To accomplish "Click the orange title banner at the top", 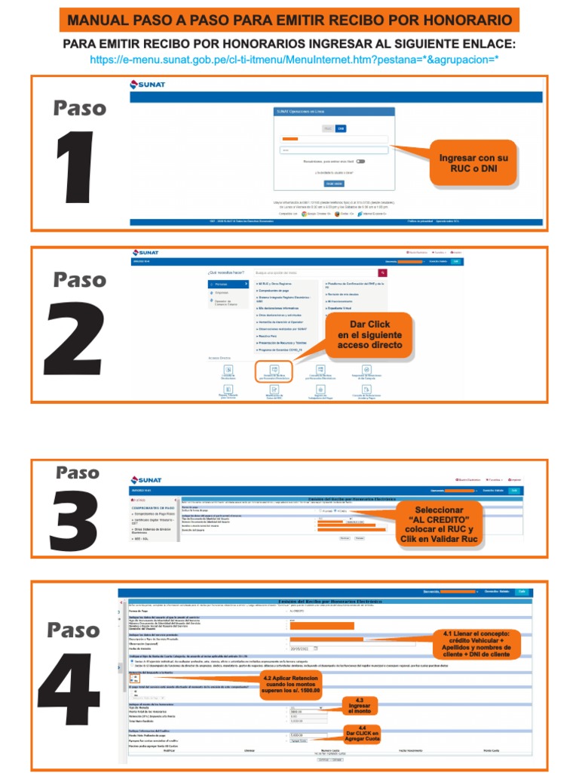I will point(289,19).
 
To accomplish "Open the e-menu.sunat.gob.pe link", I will point(294,59).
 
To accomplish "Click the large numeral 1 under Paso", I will point(77,170).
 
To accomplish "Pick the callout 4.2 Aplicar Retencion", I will point(291,684).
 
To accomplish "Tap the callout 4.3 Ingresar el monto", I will point(360,706).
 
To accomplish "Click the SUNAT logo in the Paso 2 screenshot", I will point(146,253).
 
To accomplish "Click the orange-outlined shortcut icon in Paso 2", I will point(274,371).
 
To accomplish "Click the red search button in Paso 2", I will point(382,272).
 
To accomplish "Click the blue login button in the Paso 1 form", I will point(334,183).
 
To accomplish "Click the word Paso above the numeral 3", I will point(78,473).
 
